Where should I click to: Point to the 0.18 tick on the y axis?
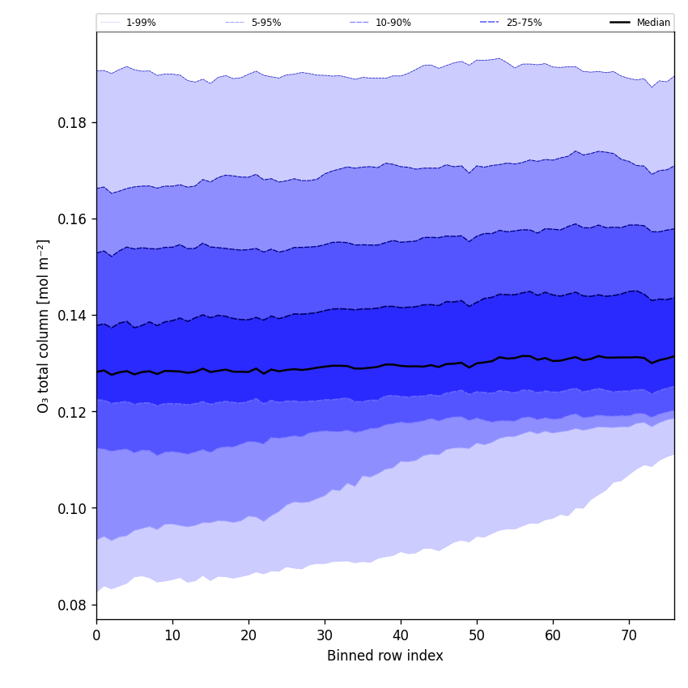tap(73, 123)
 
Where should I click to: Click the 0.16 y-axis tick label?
tap(73, 219)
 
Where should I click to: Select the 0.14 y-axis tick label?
tap(73, 316)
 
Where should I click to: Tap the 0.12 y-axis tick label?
tap(73, 412)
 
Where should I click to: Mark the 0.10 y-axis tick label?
tap(73, 508)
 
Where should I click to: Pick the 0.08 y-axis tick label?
tap(73, 605)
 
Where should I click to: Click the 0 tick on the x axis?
tap(96, 635)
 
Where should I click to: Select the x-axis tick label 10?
tap(172, 635)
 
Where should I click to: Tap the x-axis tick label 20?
tap(248, 635)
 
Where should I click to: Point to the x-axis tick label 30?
tap(325, 635)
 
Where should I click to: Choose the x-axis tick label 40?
tap(401, 635)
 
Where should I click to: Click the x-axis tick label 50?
tap(477, 635)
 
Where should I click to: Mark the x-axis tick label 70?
tap(629, 635)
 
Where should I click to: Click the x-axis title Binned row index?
tap(385, 656)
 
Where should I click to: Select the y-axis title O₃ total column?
tap(44, 325)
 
